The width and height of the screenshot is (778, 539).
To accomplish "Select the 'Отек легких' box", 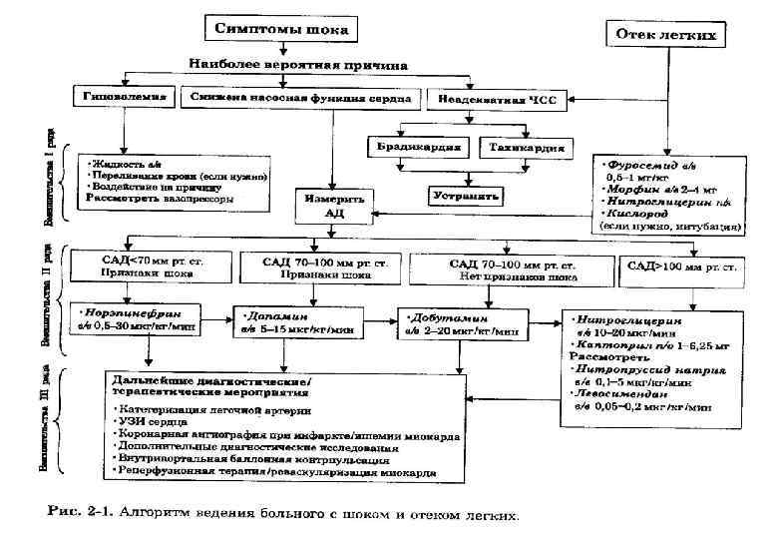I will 665,34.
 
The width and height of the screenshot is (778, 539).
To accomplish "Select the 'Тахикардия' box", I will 527,148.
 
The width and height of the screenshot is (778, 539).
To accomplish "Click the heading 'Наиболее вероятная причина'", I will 298,64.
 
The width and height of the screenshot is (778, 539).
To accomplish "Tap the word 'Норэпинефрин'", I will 125,310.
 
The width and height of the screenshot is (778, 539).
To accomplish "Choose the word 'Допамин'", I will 271,313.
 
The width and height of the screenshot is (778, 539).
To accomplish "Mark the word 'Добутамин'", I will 441,313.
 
